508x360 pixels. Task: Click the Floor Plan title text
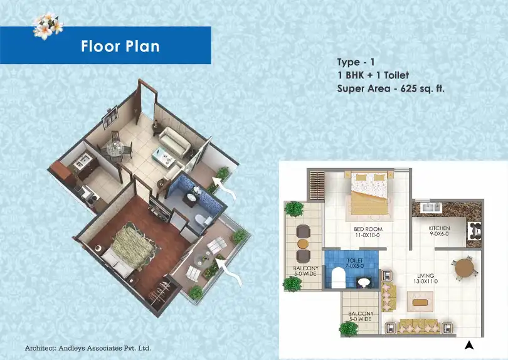(120, 46)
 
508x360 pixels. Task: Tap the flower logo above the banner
(48, 26)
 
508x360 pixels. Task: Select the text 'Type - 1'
(356, 62)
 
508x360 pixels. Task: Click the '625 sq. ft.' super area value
(423, 88)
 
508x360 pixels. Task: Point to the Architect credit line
(88, 348)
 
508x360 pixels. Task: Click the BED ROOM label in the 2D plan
(368, 229)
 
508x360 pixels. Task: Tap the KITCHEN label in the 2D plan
(439, 228)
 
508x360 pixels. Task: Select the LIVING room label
(426, 276)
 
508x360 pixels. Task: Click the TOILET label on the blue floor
(355, 260)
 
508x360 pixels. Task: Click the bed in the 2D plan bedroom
(369, 193)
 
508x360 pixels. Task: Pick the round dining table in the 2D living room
(464, 267)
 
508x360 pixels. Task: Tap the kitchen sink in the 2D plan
(431, 208)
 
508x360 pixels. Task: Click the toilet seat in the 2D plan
(339, 278)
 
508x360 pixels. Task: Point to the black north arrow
(468, 346)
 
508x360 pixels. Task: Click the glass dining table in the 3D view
(115, 149)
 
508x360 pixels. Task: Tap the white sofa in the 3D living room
(174, 142)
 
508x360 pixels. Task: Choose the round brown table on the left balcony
(304, 243)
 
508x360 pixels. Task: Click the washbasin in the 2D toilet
(364, 282)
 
